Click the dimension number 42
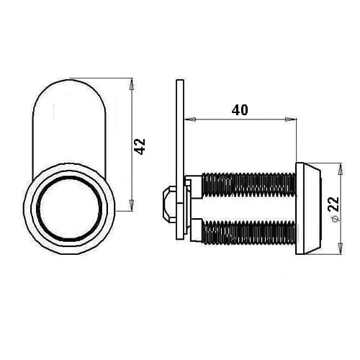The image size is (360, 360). pyautogui.click(x=140, y=146)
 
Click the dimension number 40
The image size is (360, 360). pyautogui.click(x=240, y=110)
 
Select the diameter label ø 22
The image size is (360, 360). pyautogui.click(x=334, y=209)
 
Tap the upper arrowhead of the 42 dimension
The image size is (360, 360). pyautogui.click(x=131, y=84)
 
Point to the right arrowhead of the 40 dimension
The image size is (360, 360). pyautogui.click(x=290, y=120)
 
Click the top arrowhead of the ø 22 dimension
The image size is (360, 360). pyautogui.click(x=340, y=169)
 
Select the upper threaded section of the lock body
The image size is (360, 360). pyautogui.click(x=248, y=185)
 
